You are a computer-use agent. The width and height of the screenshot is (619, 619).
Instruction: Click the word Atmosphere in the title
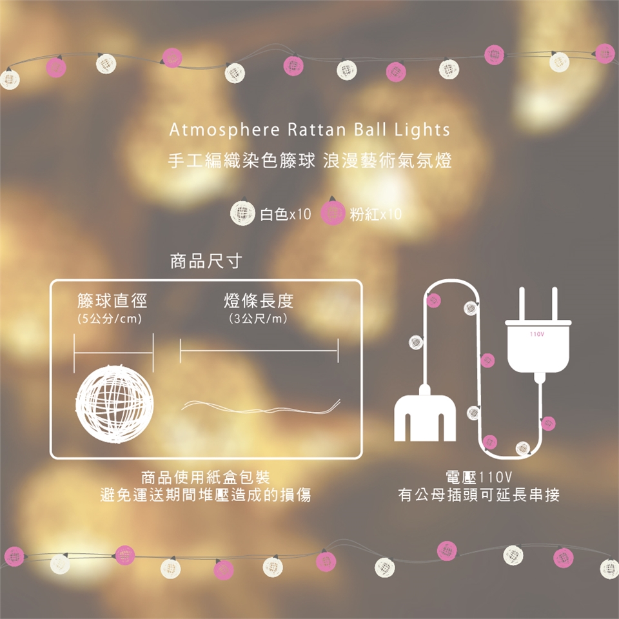coord(224,130)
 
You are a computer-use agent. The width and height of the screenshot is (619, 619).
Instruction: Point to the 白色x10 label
coord(286,214)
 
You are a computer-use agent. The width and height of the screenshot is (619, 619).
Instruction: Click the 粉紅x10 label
coord(375,214)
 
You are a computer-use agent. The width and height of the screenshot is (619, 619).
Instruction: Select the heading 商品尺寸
coord(206,261)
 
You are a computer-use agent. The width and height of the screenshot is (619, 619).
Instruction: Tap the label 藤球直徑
coord(112,301)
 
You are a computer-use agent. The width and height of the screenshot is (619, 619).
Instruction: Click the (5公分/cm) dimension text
coord(110,319)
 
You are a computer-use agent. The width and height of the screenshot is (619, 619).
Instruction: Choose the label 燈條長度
coord(259,301)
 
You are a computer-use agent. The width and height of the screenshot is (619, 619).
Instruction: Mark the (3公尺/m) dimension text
coord(259,319)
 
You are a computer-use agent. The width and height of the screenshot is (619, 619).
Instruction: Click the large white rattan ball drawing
coord(115,404)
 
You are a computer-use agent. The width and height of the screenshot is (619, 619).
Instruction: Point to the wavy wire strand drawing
coord(260,408)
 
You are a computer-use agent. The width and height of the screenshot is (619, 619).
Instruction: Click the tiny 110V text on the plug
coord(537,335)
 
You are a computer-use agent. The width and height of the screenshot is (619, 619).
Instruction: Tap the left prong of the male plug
coord(522,304)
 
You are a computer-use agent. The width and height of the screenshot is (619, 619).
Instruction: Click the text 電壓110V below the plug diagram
coord(479,477)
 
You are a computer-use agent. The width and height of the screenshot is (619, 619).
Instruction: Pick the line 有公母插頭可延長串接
coord(479,495)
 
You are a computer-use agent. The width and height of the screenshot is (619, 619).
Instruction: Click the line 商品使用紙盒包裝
coord(206,478)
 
